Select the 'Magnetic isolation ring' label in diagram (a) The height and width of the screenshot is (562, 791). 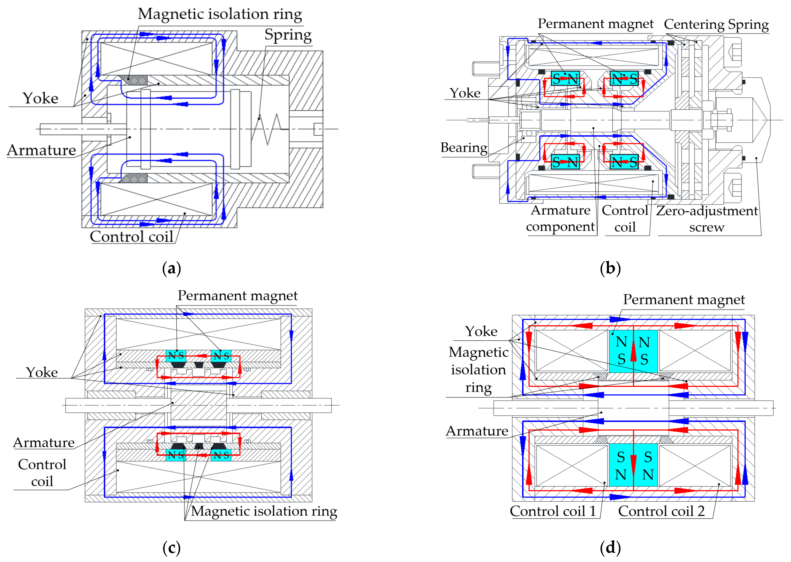click(x=220, y=14)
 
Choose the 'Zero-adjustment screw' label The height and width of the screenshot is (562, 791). click(x=707, y=219)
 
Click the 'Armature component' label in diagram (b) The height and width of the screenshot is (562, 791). click(x=560, y=218)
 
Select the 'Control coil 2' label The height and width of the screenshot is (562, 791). click(x=661, y=511)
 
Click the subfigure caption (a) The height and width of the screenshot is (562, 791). click(x=172, y=269)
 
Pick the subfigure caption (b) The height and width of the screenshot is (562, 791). click(x=610, y=269)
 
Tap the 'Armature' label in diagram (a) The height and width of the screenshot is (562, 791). click(x=42, y=150)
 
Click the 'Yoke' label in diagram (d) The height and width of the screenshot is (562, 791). click(x=481, y=331)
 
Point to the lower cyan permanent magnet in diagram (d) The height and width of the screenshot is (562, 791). click(x=633, y=465)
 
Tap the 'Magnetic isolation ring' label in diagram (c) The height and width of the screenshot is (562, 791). click(x=264, y=511)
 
